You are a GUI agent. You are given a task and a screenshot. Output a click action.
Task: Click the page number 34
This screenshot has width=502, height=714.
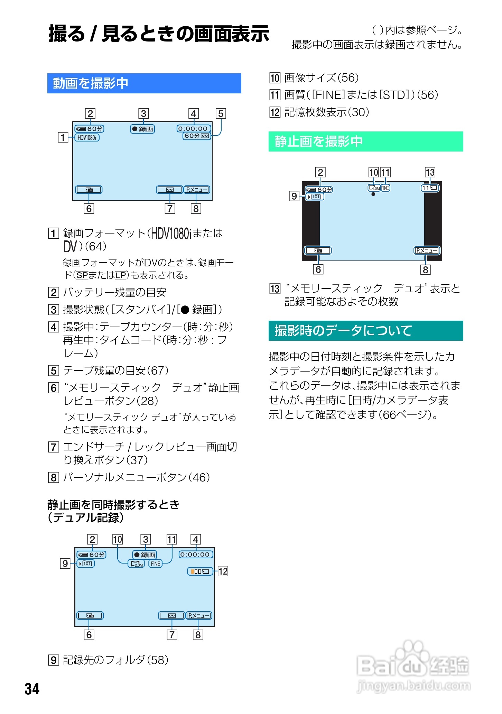32,689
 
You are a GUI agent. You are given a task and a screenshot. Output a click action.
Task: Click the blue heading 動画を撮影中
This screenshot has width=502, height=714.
91,83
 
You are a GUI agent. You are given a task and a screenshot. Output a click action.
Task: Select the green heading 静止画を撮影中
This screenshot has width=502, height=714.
318,141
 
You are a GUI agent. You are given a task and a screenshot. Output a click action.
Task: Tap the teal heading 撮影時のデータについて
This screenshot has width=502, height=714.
343,331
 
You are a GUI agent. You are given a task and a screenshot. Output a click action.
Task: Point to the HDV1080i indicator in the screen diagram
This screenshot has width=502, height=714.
87,138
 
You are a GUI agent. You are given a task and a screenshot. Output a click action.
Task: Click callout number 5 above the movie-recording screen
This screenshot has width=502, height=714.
221,113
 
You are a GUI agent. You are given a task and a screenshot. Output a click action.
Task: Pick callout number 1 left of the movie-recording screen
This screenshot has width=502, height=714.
63,138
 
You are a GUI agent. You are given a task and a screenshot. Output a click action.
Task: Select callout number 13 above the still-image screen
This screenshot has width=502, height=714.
430,172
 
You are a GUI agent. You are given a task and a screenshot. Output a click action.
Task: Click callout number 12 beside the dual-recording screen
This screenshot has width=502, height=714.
223,571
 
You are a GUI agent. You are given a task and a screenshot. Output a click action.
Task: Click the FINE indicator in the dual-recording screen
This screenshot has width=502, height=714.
156,564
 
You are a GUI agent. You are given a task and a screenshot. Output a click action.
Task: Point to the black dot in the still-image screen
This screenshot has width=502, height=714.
373,194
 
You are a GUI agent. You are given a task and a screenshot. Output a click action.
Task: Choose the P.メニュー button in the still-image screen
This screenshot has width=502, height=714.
427,250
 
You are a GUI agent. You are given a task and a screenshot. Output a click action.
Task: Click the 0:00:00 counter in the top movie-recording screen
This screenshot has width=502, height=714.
193,129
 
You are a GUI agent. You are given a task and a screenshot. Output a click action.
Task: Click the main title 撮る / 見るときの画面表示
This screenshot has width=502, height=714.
159,34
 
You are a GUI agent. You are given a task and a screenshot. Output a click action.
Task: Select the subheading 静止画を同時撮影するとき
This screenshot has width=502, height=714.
113,505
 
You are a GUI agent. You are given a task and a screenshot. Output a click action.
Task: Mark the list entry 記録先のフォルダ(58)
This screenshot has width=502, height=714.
115,660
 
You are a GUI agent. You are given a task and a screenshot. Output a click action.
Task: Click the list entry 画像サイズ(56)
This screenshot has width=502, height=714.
321,78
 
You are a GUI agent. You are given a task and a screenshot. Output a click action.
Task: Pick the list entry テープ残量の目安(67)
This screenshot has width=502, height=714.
115,370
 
